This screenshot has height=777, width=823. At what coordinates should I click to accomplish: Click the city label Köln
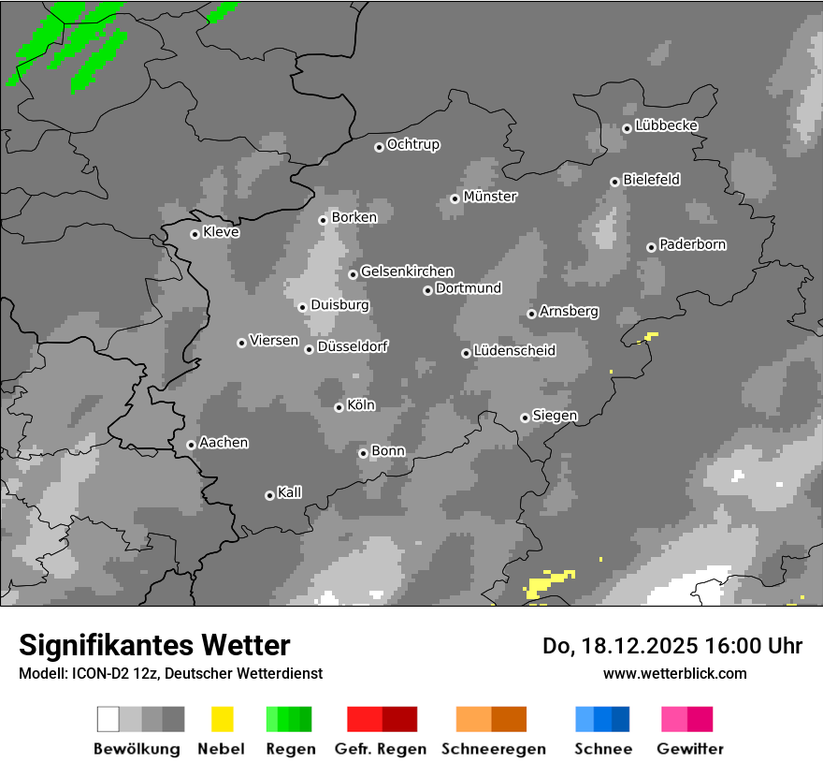coord(361,405)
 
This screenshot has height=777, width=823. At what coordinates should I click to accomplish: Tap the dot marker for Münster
coord(455,198)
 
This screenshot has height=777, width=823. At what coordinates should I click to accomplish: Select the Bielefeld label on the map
coord(651,179)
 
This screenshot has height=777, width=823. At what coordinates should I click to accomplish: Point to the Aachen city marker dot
coord(191,445)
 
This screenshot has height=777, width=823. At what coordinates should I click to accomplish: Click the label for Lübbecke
coord(666,125)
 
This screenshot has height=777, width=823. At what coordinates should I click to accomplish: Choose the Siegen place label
coord(555,416)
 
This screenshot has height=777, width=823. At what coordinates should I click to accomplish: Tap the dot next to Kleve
coord(195,234)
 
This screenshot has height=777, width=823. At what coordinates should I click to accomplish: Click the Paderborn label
coord(692,244)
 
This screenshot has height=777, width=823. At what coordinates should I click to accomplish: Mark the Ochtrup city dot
coord(379,147)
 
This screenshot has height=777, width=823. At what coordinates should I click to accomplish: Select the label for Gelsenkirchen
coord(407,271)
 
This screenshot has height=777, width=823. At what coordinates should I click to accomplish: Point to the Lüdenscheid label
coord(514,351)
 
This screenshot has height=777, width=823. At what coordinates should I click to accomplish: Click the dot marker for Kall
coord(269,495)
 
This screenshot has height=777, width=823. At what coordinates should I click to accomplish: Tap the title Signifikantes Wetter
coord(154,645)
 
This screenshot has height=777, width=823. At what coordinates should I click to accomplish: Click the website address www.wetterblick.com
coord(674,673)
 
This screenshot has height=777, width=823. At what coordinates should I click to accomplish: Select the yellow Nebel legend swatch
coord(222,719)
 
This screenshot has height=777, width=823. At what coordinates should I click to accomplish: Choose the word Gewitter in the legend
coord(689,749)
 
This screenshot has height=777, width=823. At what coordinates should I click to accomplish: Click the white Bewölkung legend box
coord(108,719)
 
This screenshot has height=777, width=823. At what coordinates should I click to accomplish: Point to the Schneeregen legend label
coord(493,749)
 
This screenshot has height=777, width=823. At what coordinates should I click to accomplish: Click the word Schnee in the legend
coord(603,749)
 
